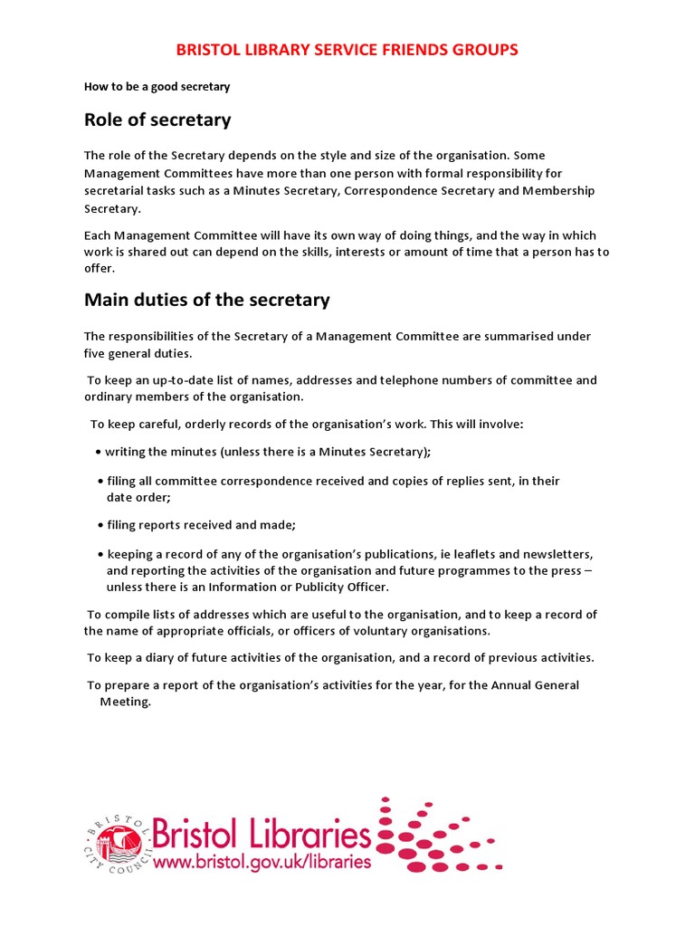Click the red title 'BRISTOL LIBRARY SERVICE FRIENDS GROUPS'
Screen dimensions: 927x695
(347, 49)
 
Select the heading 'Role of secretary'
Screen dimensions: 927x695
(157, 119)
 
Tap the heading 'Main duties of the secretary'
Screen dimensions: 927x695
(206, 300)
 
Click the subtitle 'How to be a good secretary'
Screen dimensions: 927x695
(157, 87)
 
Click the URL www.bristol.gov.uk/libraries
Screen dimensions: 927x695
(262, 862)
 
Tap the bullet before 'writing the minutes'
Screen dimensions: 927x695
(97, 453)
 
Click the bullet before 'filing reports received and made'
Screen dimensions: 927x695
(100, 526)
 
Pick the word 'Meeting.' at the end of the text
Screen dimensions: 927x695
(125, 702)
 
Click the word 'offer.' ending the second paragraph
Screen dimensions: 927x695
(100, 269)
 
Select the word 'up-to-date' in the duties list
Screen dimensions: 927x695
(153, 381)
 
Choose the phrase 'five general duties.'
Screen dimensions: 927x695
(138, 353)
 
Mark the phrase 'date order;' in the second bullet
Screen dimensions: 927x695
(138, 498)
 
